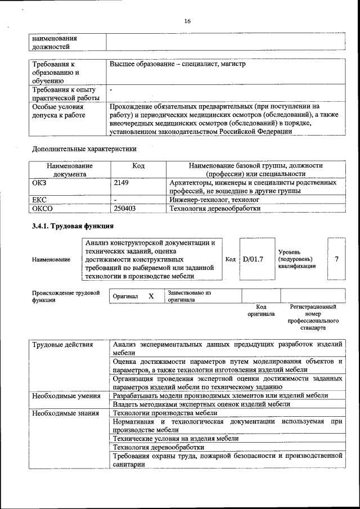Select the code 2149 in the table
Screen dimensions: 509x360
click(122, 183)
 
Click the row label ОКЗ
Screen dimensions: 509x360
click(40, 183)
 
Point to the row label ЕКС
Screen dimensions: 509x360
click(40, 200)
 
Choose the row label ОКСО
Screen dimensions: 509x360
click(43, 209)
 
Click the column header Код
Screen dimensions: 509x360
click(138, 166)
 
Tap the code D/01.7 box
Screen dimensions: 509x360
click(253, 259)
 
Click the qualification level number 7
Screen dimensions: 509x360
click(336, 259)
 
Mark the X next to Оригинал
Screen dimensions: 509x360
click(151, 296)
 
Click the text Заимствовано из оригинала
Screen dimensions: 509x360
click(189, 296)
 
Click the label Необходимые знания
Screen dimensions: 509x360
click(65, 413)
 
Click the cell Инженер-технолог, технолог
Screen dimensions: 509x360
click(214, 200)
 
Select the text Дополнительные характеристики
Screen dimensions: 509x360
click(84, 149)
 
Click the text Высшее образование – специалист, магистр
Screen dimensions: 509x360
click(178, 64)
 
